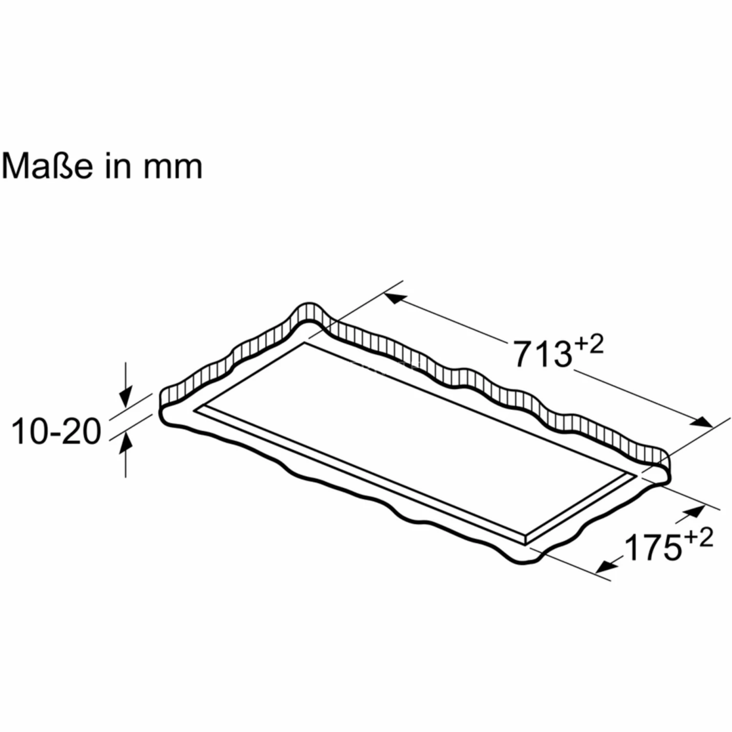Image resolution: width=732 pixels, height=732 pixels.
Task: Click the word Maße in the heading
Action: [x=47, y=166]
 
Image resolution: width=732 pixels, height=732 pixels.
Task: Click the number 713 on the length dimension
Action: [x=542, y=354]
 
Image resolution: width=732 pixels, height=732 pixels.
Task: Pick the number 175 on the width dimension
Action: [x=652, y=548]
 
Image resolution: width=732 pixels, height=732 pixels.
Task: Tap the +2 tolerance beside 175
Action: [x=698, y=538]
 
